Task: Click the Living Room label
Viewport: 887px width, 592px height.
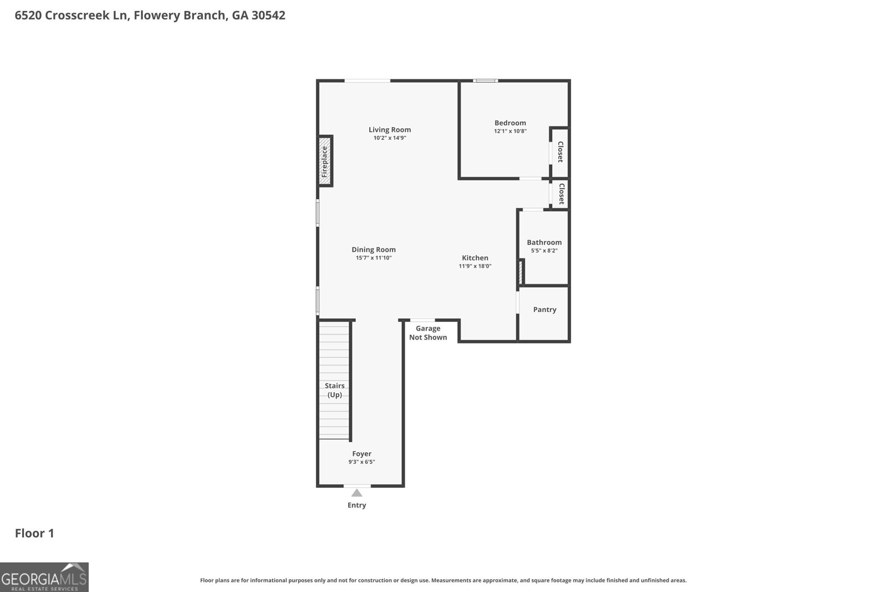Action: [390, 130]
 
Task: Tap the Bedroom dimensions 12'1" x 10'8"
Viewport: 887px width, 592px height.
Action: [510, 131]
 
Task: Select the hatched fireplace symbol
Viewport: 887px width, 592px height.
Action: [325, 161]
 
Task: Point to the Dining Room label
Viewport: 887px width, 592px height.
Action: [374, 250]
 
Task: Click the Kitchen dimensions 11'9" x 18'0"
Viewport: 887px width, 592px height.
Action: [475, 266]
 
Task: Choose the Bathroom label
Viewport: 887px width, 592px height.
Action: [544, 242]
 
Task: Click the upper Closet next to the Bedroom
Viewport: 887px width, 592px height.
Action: [560, 152]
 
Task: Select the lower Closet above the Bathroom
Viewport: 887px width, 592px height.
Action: [561, 194]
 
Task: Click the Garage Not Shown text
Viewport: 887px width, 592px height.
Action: [428, 333]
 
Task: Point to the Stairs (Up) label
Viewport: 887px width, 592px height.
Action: [335, 390]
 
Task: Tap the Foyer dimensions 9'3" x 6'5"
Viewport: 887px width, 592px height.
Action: [361, 462]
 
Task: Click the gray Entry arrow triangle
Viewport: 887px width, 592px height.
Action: [357, 493]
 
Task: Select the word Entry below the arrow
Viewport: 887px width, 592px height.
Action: [357, 505]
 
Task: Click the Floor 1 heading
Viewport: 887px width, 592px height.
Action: [34, 533]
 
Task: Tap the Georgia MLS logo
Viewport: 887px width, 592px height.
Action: [44, 577]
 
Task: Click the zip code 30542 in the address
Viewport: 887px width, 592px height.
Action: [268, 15]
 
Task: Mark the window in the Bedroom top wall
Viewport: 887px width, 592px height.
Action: [485, 81]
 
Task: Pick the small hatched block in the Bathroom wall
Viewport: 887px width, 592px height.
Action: [521, 272]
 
